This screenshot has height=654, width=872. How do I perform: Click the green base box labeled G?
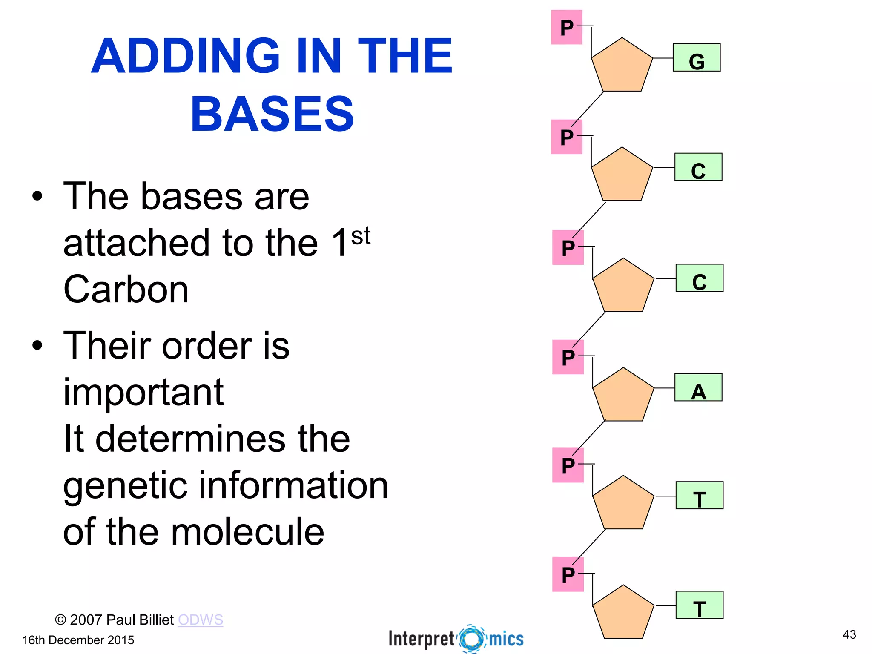(696, 57)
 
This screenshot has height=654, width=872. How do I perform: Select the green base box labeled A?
(698, 387)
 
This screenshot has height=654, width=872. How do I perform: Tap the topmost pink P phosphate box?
(566, 27)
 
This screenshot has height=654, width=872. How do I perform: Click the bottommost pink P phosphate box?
(568, 574)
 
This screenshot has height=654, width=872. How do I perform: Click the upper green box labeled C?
(698, 167)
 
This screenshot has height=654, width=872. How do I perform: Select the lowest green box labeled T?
(699, 605)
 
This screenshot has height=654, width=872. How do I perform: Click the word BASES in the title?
(272, 114)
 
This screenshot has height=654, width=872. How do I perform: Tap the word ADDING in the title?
(185, 56)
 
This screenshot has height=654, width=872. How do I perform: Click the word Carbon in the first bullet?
(126, 290)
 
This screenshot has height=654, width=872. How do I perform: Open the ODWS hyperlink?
(201, 620)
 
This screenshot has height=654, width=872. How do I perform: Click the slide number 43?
(849, 634)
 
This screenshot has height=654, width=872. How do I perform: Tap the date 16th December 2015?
(78, 640)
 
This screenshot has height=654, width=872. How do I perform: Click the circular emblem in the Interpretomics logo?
(472, 638)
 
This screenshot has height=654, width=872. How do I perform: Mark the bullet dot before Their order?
(37, 345)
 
